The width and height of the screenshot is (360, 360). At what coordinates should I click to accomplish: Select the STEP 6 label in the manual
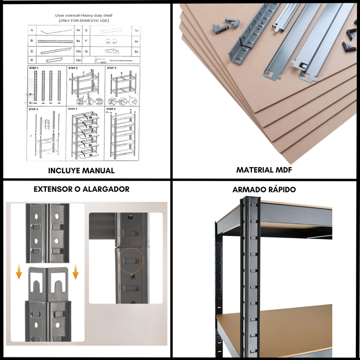click(112, 109)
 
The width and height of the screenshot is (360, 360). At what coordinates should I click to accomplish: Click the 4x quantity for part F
click(137, 41)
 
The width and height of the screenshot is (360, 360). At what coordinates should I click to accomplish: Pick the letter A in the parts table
click(32, 31)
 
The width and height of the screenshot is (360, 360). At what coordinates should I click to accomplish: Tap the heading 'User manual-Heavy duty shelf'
click(83, 15)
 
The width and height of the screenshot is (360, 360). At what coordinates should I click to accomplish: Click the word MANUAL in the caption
click(98, 171)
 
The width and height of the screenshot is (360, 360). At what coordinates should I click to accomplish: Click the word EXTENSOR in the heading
click(53, 189)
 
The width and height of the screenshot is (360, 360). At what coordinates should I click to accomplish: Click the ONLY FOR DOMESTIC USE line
click(83, 21)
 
